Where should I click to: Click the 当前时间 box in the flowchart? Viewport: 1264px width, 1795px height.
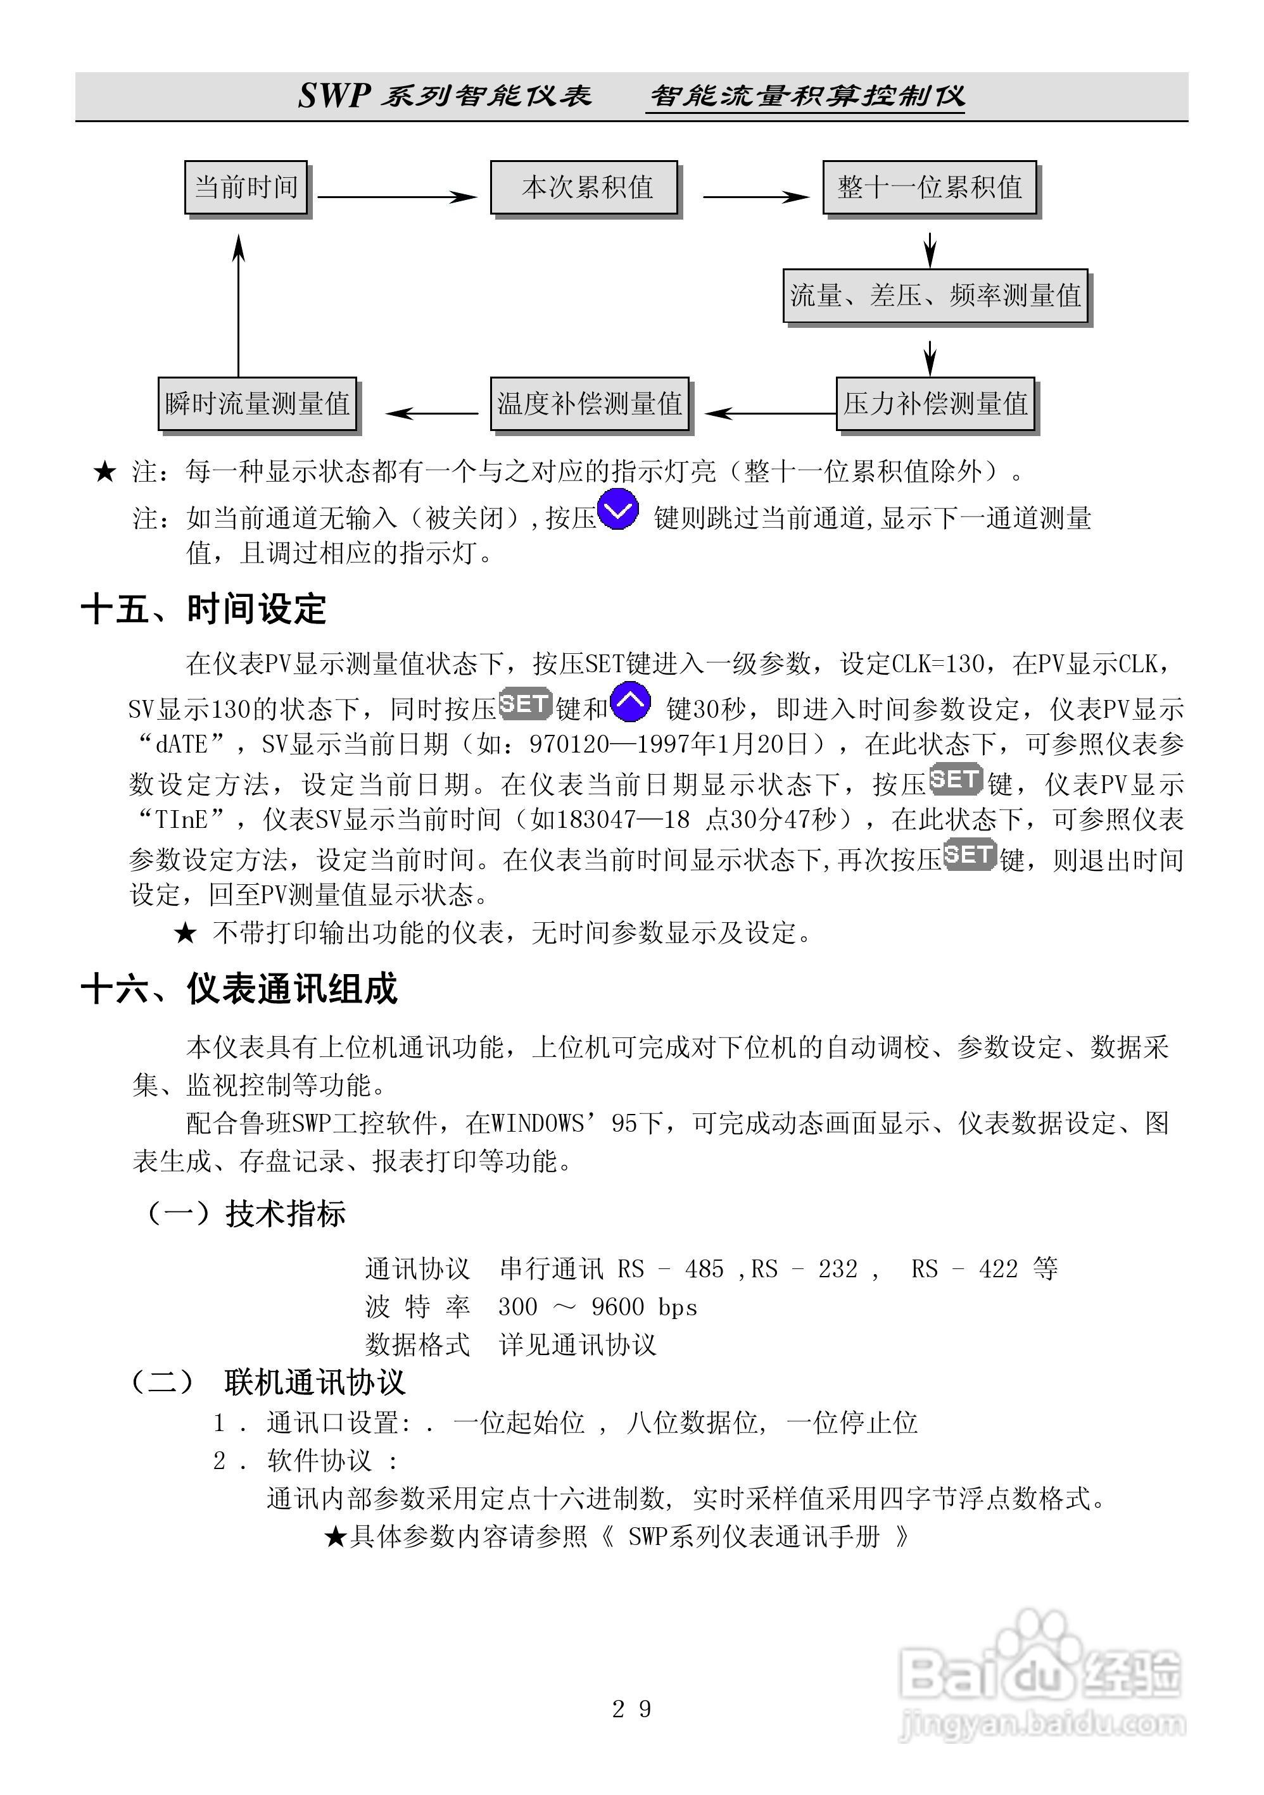246,187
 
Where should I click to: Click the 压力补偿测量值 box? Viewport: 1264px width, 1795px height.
935,404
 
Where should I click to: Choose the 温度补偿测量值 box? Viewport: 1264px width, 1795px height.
589,404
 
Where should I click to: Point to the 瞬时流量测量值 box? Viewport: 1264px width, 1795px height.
257,404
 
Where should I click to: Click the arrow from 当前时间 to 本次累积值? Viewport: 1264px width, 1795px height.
396,197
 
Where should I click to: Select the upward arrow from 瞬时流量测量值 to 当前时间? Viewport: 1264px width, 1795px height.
239,305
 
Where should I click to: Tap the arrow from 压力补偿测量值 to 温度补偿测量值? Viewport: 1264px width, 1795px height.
771,413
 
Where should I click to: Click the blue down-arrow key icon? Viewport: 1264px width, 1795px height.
618,510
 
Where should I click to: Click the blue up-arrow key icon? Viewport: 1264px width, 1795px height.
631,701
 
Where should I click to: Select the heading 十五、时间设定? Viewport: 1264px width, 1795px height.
203,609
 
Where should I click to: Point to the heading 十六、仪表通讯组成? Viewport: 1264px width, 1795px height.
239,989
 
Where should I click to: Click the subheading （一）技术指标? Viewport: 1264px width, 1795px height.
246,1213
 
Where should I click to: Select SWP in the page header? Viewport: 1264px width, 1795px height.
334,96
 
